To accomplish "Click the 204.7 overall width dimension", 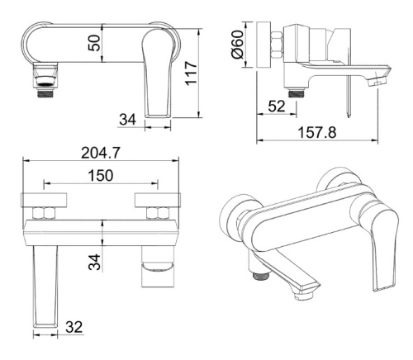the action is [101, 153].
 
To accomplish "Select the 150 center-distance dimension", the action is [101, 175].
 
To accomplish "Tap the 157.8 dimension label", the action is [317, 132].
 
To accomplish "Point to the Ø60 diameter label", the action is [238, 44].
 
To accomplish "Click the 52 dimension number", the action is [277, 106].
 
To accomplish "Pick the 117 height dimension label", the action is [191, 73].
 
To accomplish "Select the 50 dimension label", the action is [94, 43].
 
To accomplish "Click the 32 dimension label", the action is [74, 327].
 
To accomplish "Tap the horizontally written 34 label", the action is [127, 120].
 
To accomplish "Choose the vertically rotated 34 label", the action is [94, 262].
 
